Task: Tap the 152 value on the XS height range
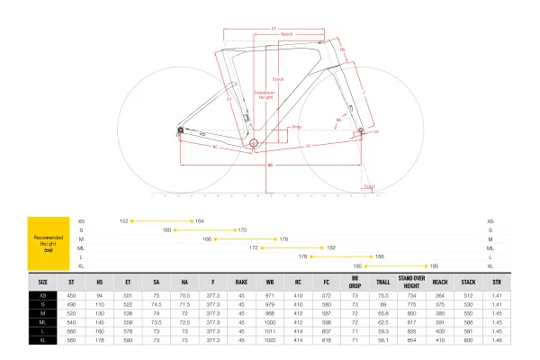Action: coord(125,220)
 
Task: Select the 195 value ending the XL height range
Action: coord(435,265)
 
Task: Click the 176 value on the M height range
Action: coord(283,238)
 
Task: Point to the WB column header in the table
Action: coord(269,282)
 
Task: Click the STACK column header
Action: coord(468,282)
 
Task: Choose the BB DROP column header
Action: coord(355,282)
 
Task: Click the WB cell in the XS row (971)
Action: coord(269,294)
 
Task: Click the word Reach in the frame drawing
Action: coord(286,34)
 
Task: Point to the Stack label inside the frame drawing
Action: coord(277,78)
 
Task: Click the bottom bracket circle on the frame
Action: coord(254,142)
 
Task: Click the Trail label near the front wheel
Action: coord(369,186)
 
